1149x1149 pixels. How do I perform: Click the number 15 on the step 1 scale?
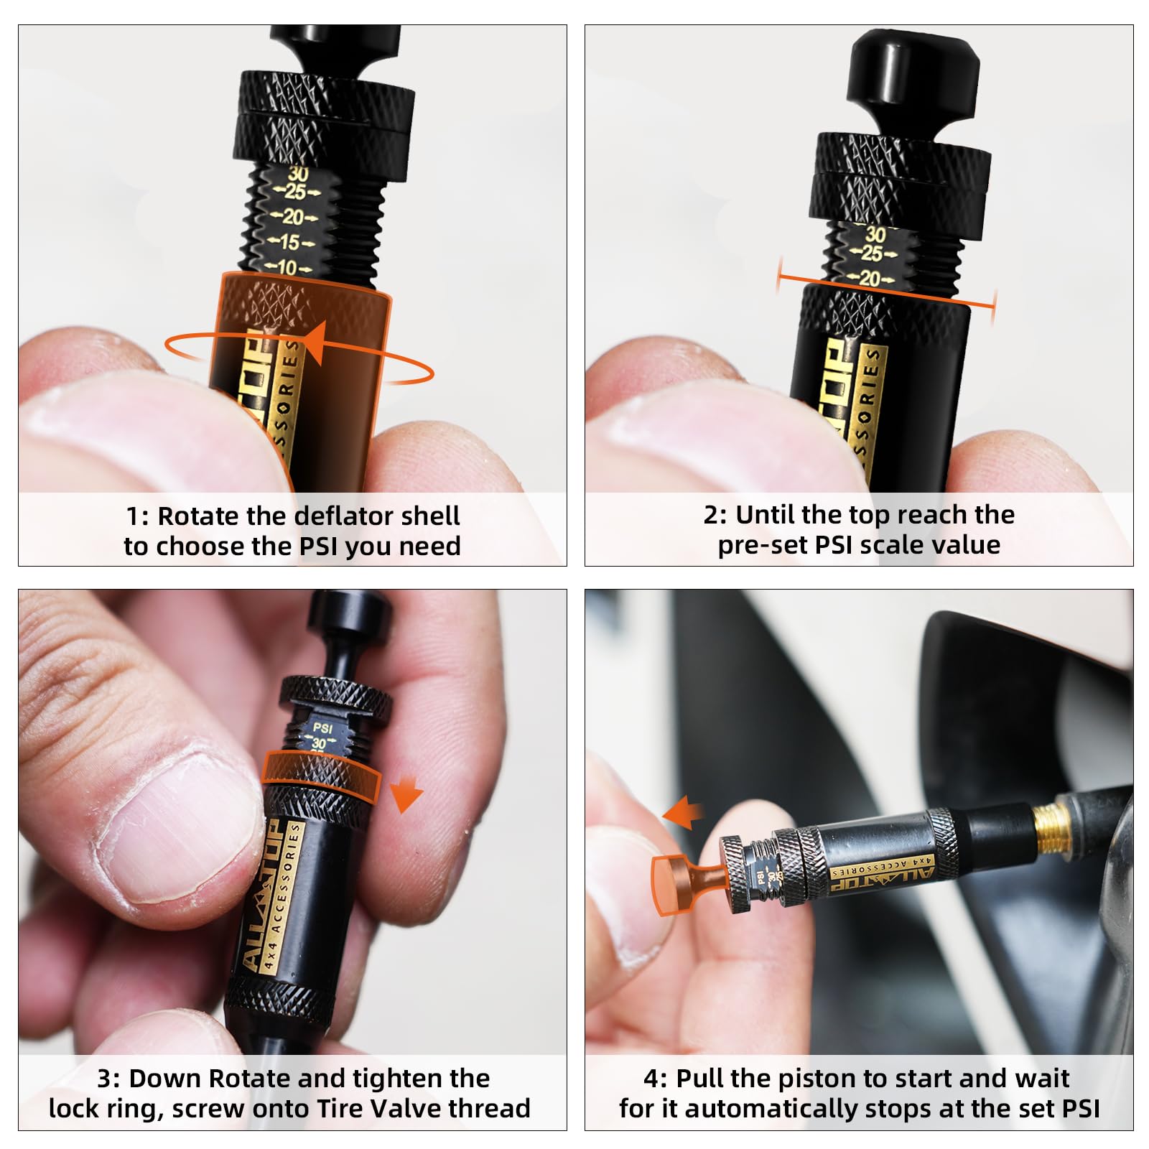click(290, 242)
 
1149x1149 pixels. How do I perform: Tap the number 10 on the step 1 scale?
click(287, 268)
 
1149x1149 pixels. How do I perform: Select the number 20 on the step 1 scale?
click(293, 216)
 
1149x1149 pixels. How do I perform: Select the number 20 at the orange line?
click(870, 278)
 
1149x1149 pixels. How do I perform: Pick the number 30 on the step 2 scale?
click(875, 234)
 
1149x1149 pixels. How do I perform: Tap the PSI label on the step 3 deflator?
click(323, 728)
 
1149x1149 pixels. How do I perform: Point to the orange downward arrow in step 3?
click(406, 796)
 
